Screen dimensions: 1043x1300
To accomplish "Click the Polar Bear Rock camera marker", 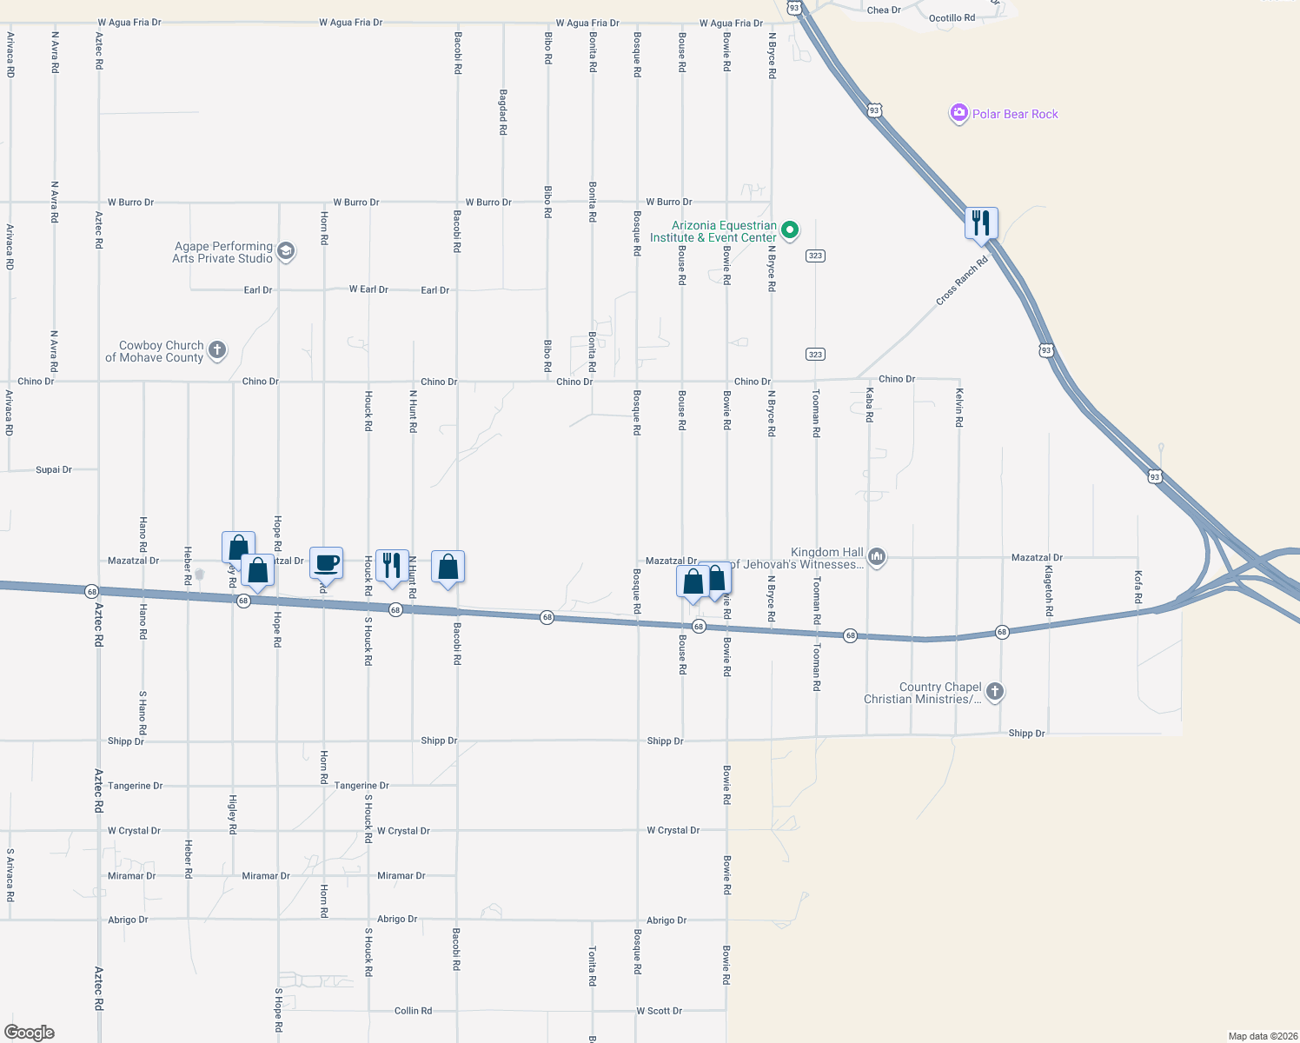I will point(958,114).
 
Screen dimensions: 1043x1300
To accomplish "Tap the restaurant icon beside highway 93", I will point(981,223).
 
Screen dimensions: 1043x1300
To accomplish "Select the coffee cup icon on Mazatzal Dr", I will point(326,563).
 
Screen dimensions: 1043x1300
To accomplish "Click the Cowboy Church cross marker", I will point(217,350).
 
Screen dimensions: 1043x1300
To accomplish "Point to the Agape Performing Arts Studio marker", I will point(286,252).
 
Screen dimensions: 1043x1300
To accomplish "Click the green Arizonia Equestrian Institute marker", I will point(790,230).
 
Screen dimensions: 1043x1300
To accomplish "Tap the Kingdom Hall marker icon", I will point(877,557).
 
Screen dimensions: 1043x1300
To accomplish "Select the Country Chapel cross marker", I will point(995,692).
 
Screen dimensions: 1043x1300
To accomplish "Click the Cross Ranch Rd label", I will point(962,281).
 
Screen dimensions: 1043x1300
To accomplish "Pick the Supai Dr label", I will point(54,469).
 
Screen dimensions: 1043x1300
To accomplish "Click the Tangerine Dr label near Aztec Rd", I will point(135,786).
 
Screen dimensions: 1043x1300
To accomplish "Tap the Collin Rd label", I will point(413,1011).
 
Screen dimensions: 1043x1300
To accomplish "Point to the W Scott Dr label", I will point(659,1011).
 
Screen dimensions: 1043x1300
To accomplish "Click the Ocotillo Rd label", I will point(952,18).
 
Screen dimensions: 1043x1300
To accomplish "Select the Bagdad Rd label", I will point(502,112).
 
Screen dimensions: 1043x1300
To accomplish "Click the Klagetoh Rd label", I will point(1048,591).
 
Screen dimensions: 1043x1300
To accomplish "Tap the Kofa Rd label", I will point(1137,587).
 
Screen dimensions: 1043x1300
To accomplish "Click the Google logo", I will point(30,1033).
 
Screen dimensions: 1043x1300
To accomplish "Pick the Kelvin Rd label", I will point(959,407).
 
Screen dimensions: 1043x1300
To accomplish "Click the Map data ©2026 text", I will point(1262,1036).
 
